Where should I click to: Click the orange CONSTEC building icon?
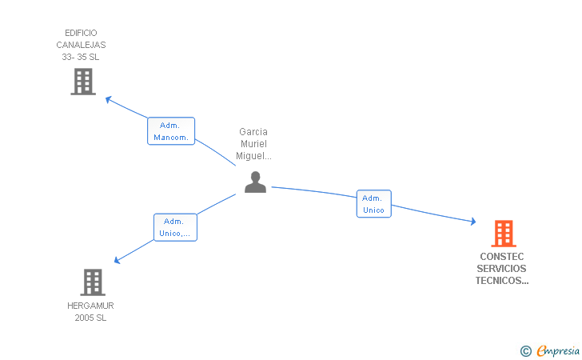pos(503,234)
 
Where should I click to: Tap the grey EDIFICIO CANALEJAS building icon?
pos(83,82)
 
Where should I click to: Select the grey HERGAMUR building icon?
pos(93,282)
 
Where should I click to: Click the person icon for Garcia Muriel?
pos(255,182)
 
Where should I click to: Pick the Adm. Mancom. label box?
pos(170,131)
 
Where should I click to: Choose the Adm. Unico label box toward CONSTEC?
pos(373,204)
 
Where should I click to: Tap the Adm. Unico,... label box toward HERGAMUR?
pos(175,227)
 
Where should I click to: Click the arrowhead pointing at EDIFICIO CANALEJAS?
pos(109,100)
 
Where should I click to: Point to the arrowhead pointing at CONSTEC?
pos(472,222)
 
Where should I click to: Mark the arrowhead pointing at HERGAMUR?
pos(118,260)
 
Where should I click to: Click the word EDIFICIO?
pos(81,33)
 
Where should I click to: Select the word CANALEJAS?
pos(81,45)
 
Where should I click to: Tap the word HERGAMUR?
pos(90,306)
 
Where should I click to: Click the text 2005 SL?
pos(90,318)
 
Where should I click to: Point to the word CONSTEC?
pos(503,257)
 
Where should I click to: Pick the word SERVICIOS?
pos(503,269)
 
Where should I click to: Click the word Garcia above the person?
pos(253,131)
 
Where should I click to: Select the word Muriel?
pos(253,143)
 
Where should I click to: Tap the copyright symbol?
pos(525,350)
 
